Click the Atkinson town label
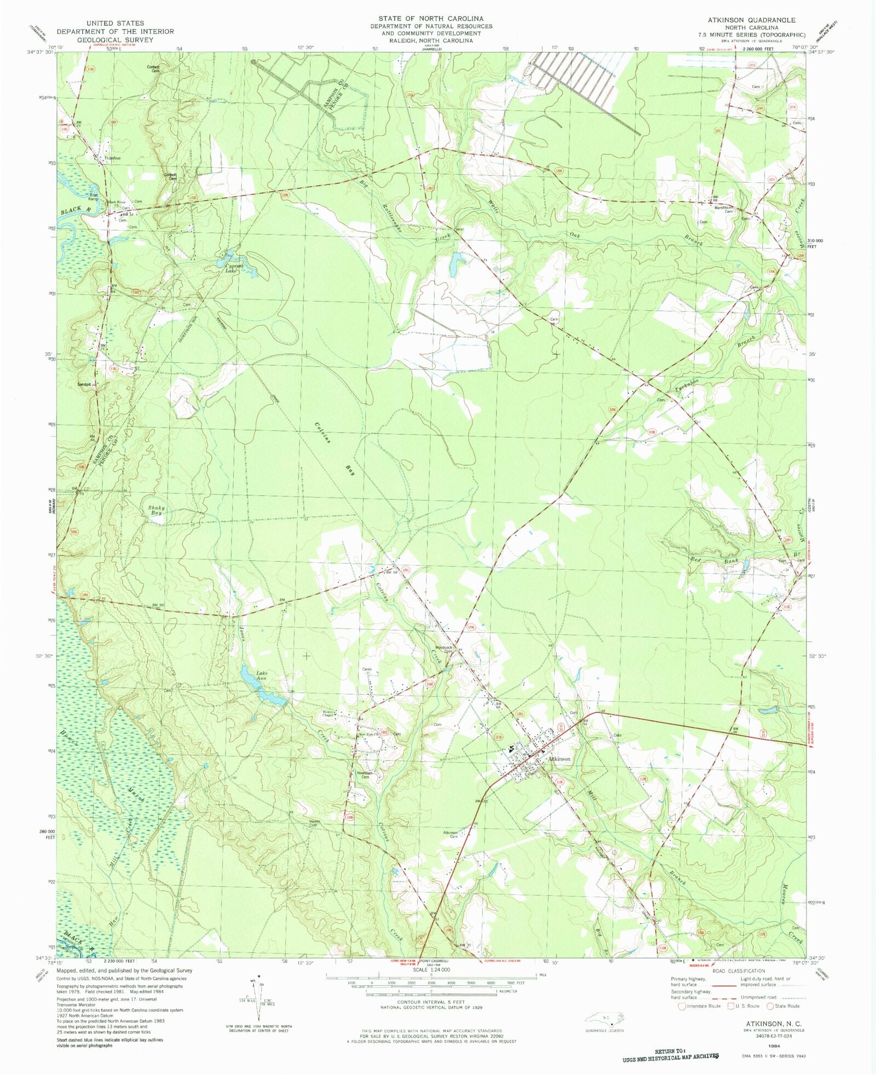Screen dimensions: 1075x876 click(x=559, y=759)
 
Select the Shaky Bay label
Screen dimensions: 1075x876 click(x=156, y=511)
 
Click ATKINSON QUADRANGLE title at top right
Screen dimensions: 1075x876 click(x=751, y=20)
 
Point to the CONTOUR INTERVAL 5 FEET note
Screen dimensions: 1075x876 click(x=431, y=1002)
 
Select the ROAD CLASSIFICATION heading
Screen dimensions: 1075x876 click(x=739, y=970)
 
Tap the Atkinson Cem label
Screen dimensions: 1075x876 click(x=450, y=834)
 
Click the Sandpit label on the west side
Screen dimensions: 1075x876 click(x=87, y=384)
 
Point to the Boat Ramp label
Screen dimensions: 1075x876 click(x=94, y=196)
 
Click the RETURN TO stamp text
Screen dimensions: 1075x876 click(x=670, y=1051)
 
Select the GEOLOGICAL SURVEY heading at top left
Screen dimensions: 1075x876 click(x=114, y=40)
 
